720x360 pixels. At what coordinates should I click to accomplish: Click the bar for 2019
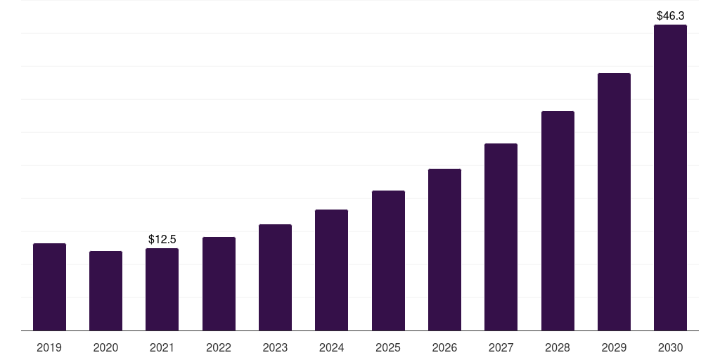pyautogui.click(x=49, y=287)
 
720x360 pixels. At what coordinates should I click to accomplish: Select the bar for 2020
pyautogui.click(x=105, y=291)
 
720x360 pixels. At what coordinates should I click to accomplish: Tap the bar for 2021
pyautogui.click(x=162, y=290)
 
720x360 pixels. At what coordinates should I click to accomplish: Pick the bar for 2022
pyautogui.click(x=219, y=284)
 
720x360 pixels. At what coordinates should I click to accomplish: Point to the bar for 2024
pyautogui.click(x=331, y=270)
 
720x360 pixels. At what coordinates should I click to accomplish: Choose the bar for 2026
pyautogui.click(x=444, y=250)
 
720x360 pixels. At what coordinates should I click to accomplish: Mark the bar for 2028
pyautogui.click(x=558, y=221)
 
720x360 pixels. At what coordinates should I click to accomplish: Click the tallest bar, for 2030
pyautogui.click(x=670, y=178)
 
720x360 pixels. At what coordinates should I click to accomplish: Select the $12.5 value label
pyautogui.click(x=162, y=240)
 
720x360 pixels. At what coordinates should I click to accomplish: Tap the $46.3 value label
pyautogui.click(x=670, y=15)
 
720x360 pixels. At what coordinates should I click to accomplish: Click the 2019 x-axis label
pyautogui.click(x=49, y=347)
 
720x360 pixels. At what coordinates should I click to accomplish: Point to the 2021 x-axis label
pyautogui.click(x=162, y=347)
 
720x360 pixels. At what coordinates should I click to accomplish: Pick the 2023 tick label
pyautogui.click(x=275, y=347)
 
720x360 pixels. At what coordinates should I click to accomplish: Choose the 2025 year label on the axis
pyautogui.click(x=388, y=347)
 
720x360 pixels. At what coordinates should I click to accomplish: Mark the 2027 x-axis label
pyautogui.click(x=501, y=347)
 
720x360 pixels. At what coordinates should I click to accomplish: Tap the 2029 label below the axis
pyautogui.click(x=614, y=347)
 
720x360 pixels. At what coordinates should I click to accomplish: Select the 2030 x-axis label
pyautogui.click(x=670, y=347)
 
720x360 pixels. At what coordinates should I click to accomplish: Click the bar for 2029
pyautogui.click(x=614, y=202)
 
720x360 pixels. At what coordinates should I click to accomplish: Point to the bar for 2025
pyautogui.click(x=388, y=261)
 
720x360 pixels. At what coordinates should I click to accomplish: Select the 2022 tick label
pyautogui.click(x=219, y=347)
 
